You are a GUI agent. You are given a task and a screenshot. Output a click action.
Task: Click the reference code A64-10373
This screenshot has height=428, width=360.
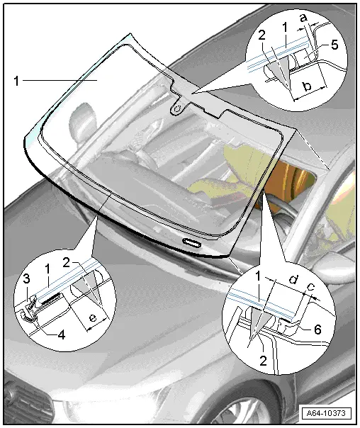coord(328,413)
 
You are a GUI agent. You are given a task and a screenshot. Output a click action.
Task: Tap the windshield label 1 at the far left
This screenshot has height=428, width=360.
coord(16,81)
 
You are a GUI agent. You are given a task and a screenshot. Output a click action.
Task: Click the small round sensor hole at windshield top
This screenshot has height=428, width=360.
coord(177,108)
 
